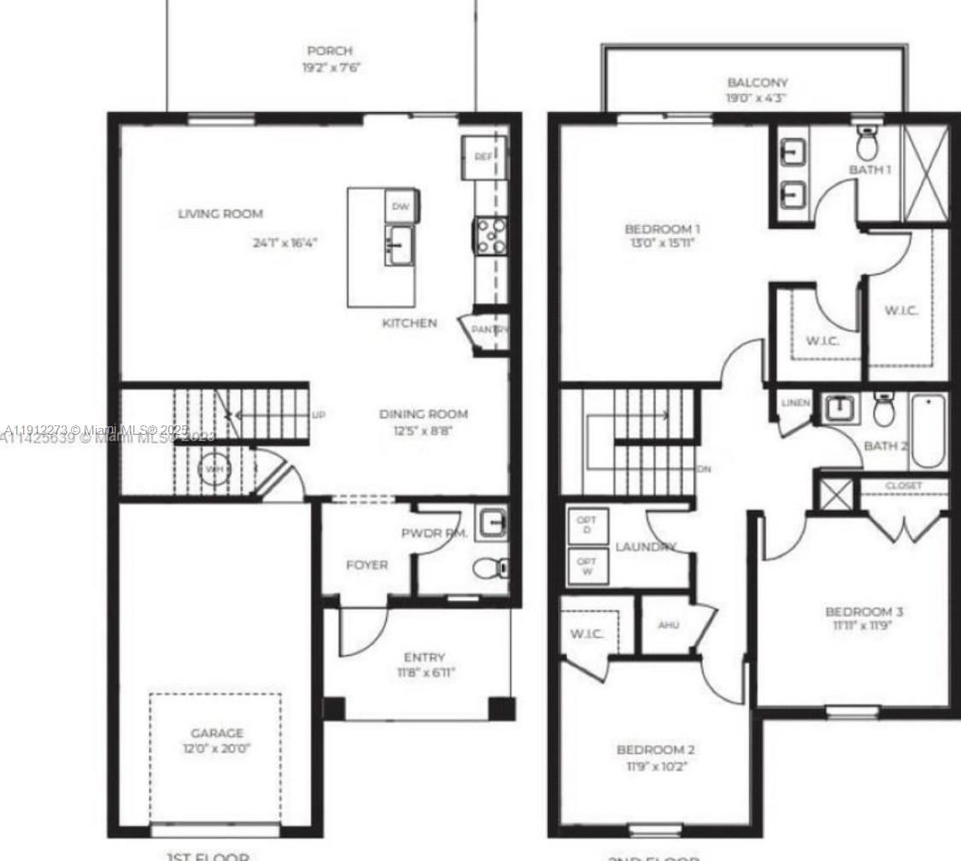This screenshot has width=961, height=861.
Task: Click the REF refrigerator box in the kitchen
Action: [483, 157]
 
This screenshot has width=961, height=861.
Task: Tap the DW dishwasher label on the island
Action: [401, 206]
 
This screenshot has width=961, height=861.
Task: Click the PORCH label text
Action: [330, 51]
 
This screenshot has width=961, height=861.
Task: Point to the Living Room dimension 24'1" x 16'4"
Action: [285, 243]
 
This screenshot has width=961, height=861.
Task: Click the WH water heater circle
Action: [214, 469]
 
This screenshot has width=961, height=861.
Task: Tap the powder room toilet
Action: [489, 567]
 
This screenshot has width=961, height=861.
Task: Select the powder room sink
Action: [490, 522]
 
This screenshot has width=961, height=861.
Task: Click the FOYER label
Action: [366, 565]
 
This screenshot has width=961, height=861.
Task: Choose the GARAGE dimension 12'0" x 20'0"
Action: [217, 748]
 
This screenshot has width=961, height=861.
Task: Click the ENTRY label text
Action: [425, 657]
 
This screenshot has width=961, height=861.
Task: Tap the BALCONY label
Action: [758, 83]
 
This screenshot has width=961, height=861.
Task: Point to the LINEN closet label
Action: [796, 402]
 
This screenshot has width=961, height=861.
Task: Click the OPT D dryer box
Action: [587, 524]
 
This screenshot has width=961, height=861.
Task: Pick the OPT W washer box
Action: [587, 566]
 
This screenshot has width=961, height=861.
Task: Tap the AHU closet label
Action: [669, 624]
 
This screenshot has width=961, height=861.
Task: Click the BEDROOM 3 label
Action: [864, 612]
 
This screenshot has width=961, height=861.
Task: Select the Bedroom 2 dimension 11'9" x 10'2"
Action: [655, 766]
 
